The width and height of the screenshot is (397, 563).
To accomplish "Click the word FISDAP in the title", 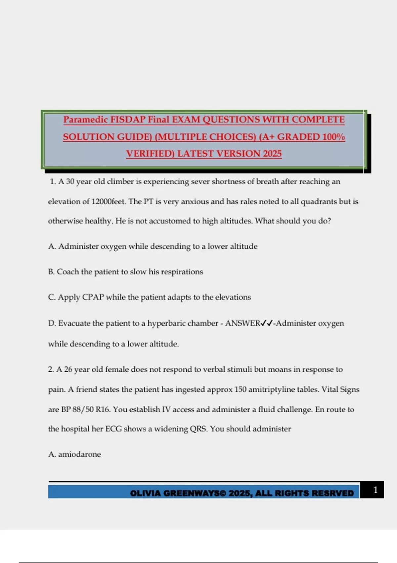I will [128, 120].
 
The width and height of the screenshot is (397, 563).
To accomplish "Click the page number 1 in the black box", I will [375, 490].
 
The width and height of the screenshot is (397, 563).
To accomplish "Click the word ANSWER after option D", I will [243, 323].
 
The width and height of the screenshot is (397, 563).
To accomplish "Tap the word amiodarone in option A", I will [79, 454].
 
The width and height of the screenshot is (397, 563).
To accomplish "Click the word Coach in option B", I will [67, 272].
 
